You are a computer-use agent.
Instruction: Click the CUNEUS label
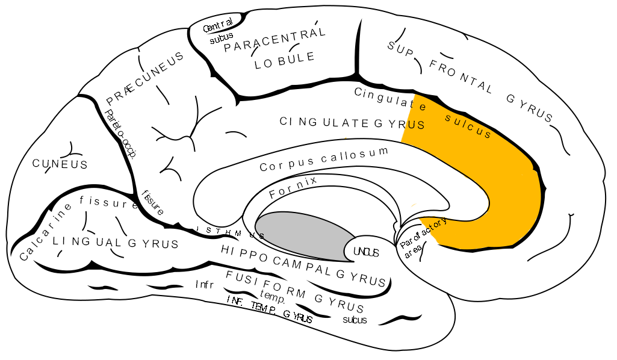(60, 164)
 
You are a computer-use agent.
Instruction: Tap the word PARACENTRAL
(274, 39)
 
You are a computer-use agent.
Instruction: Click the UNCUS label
(366, 252)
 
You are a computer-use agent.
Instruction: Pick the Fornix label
(293, 187)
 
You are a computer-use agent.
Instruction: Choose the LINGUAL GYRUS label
(115, 243)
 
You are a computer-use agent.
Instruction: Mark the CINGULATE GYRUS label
(352, 123)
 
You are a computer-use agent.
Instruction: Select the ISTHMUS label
(228, 232)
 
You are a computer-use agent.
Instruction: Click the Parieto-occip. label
(120, 133)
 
